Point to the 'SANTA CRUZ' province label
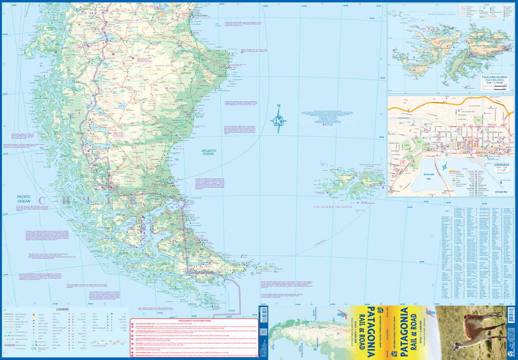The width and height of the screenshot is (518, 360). point(165,66)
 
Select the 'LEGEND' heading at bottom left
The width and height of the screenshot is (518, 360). point(62,308)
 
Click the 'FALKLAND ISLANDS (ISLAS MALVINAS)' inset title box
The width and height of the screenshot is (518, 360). point(495,80)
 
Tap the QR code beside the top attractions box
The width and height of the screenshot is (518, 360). point(263,332)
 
